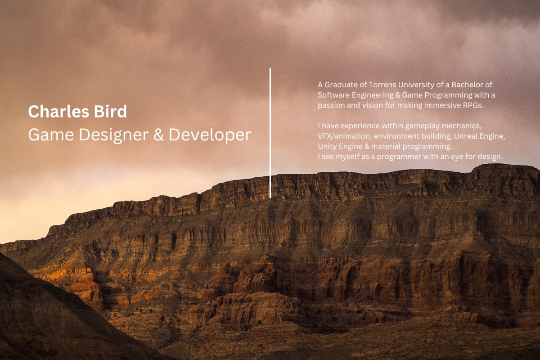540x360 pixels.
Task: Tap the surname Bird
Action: point(110,112)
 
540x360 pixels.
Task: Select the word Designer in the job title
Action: point(114,135)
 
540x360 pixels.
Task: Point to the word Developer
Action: point(210,135)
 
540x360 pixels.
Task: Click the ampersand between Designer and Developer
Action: point(158,135)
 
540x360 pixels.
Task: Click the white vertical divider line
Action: point(270,133)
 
